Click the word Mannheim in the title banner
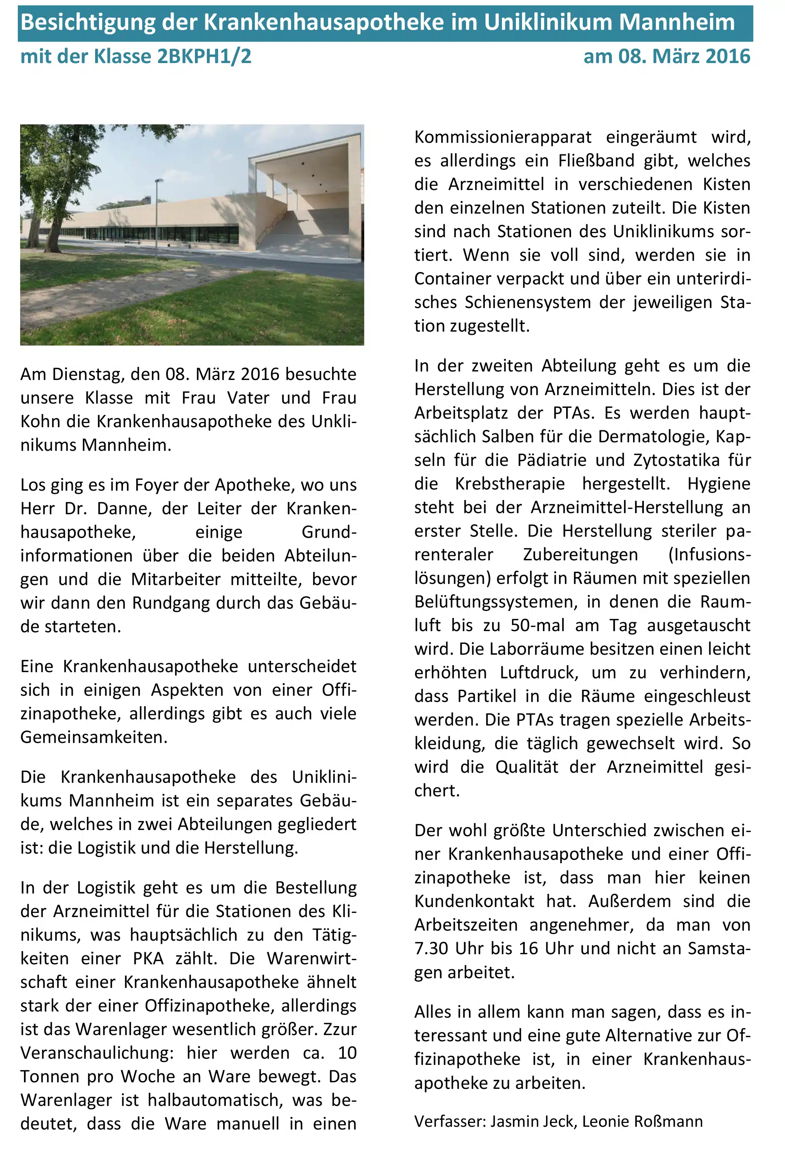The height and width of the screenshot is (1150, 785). (677, 23)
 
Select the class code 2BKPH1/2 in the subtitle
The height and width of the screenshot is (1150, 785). (204, 56)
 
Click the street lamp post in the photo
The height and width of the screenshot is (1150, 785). (157, 218)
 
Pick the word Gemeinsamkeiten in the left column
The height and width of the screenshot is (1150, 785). (94, 737)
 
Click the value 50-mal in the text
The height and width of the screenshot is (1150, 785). (537, 625)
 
